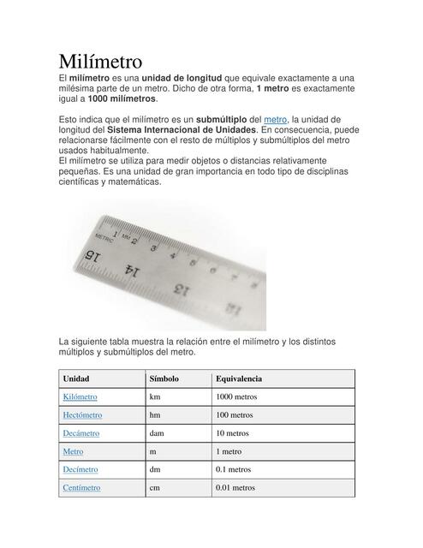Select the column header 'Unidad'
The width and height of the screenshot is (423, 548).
(76, 378)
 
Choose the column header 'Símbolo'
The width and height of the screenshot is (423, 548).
(164, 378)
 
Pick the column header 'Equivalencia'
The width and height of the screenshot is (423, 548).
(239, 378)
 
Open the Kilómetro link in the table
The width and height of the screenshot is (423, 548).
(80, 397)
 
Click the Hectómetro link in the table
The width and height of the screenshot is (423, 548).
(82, 415)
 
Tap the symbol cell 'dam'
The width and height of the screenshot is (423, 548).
(157, 433)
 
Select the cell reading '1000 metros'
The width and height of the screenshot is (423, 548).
(236, 397)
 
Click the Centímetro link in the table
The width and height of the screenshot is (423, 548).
(81, 487)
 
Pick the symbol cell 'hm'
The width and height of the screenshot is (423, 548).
(155, 415)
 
